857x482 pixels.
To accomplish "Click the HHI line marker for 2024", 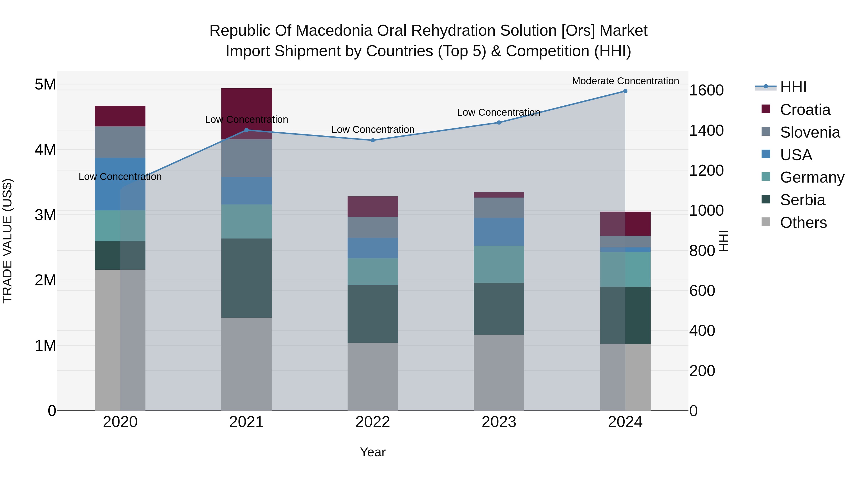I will point(625,91).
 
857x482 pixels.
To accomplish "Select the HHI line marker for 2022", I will point(373,140).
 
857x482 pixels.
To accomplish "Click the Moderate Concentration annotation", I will point(625,81).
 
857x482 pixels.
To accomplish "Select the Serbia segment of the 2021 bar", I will point(247,278).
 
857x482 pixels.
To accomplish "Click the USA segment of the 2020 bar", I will point(120,184).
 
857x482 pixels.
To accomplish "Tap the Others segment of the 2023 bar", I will point(499,373).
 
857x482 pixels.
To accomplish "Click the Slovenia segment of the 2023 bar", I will point(499,208).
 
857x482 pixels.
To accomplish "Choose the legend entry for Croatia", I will point(805,110).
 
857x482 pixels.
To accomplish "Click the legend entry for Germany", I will point(812,177).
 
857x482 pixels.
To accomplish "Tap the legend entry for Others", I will point(803,223).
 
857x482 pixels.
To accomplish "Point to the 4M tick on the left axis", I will point(45,150).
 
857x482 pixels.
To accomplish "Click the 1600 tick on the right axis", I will point(706,90).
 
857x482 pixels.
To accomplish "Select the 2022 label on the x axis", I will point(373,422).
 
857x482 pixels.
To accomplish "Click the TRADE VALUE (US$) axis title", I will point(7,241).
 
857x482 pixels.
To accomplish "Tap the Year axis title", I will point(373,452).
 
